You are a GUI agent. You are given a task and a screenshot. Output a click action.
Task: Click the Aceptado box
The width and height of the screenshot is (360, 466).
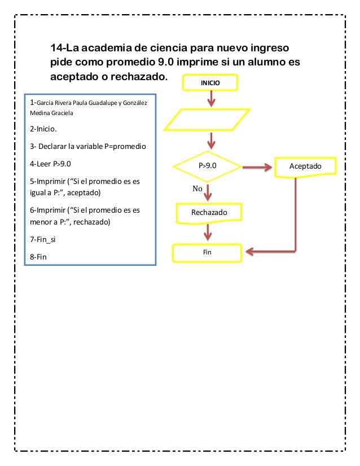click(305, 166)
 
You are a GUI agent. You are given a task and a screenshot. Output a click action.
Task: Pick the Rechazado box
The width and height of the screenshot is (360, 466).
click(209, 213)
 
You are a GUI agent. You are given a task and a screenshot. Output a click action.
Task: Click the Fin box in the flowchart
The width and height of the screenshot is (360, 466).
click(207, 252)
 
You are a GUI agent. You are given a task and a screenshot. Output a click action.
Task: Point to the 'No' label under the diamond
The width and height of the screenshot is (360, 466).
click(197, 189)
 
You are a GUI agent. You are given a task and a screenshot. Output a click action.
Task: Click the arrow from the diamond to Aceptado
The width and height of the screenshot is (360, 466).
click(259, 167)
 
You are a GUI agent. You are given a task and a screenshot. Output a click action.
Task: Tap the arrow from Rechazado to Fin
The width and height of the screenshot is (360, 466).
click(209, 232)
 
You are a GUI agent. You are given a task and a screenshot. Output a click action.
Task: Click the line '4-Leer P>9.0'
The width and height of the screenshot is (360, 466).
click(59, 165)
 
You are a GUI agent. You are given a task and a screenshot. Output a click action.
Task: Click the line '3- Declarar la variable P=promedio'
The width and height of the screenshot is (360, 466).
click(87, 147)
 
